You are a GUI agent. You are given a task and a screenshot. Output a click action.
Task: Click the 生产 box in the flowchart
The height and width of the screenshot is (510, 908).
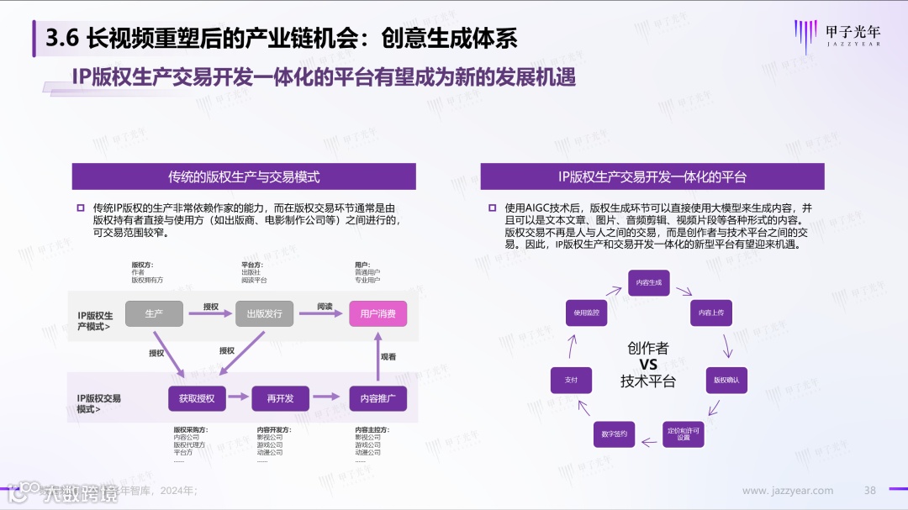tap(154, 313)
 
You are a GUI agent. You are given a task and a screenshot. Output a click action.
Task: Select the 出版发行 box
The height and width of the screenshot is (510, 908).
tap(264, 313)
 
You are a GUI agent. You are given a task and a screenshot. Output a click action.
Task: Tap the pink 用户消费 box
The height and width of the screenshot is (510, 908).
tap(377, 313)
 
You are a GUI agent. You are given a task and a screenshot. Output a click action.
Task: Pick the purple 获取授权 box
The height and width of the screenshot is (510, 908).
tap(196, 398)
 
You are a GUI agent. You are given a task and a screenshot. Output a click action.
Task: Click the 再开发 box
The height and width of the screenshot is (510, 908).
tap(280, 398)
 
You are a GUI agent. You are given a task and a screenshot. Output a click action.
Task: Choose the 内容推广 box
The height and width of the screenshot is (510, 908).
tap(377, 398)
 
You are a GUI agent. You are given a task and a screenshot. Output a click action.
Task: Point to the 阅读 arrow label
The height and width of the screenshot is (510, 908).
tap(325, 306)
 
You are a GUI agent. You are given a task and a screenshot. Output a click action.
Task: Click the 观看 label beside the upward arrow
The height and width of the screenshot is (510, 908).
tap(388, 356)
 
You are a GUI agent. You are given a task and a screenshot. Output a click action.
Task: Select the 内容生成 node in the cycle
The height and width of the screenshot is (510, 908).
tap(649, 282)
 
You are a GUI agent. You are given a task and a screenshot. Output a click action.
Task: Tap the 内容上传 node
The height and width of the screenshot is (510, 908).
tap(712, 313)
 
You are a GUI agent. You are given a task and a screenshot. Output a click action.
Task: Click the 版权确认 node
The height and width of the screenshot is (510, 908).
tap(726, 380)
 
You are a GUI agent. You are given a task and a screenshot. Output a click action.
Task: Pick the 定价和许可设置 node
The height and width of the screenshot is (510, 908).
tap(684, 434)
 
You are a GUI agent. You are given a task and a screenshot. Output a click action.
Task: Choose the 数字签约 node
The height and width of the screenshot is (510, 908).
tap(615, 434)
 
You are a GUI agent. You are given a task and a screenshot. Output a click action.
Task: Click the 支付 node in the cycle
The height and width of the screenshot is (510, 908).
tap(571, 380)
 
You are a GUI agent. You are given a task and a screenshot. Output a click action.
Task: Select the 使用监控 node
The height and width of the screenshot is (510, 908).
tap(586, 313)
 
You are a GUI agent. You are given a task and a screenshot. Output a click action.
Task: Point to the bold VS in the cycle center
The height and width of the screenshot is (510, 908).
tap(648, 365)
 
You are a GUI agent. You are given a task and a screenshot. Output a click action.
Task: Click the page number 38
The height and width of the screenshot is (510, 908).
tap(870, 491)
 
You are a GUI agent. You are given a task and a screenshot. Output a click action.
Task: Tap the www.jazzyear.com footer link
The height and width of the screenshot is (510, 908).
tap(788, 491)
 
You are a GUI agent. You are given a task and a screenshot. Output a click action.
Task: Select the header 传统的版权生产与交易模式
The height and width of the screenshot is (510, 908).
tap(244, 176)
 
